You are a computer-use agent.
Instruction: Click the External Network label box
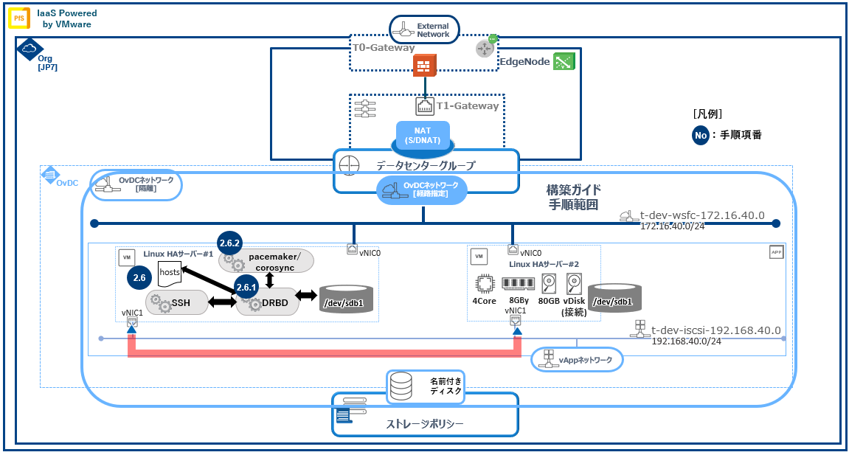(x=424, y=30)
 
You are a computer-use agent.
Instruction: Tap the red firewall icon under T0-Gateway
(x=423, y=66)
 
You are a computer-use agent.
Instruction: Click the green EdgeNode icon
(x=564, y=62)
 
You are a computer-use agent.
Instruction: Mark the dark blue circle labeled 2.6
(x=139, y=278)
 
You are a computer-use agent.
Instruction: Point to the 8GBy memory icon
(x=519, y=283)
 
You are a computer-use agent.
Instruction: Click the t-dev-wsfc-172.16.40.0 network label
(x=701, y=215)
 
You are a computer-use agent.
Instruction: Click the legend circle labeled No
(x=701, y=135)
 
